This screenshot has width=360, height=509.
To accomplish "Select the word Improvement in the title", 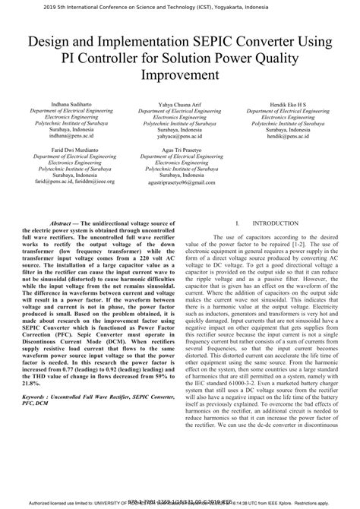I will tap(180, 76).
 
